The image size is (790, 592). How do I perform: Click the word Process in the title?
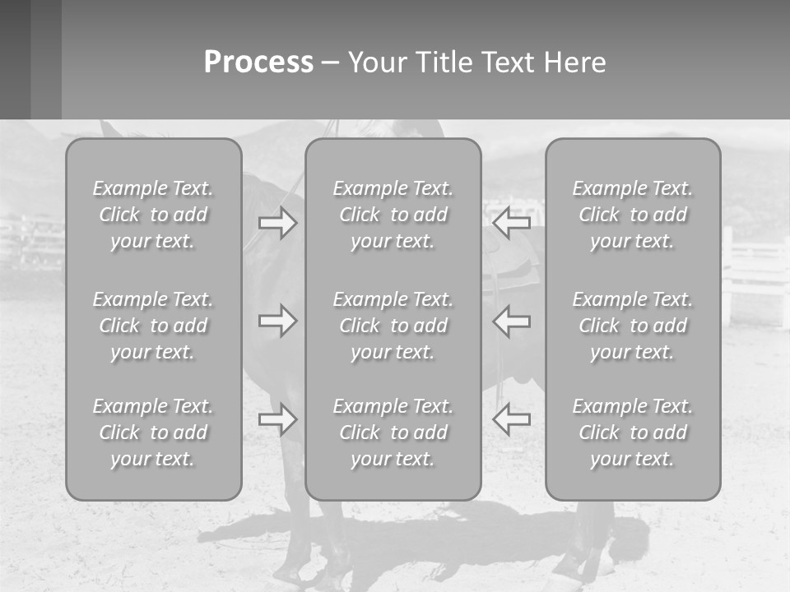(258, 62)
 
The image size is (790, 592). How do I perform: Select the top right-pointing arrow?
(278, 223)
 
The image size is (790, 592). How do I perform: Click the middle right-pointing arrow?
(278, 321)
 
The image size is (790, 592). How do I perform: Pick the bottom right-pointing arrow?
(278, 419)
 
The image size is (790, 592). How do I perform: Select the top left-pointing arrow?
(511, 222)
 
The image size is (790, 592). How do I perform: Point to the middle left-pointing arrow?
(511, 321)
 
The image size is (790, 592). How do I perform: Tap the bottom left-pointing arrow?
(511, 419)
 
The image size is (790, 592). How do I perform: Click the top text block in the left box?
(153, 215)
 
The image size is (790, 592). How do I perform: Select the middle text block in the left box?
(153, 326)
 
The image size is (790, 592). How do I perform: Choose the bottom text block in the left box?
(153, 432)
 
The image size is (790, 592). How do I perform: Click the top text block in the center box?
(393, 215)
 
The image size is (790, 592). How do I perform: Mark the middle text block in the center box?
(393, 326)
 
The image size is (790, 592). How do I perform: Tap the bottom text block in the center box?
(393, 432)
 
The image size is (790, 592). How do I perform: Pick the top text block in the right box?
(633, 215)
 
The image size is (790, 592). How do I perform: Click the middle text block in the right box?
(633, 326)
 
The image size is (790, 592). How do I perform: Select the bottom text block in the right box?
(633, 432)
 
